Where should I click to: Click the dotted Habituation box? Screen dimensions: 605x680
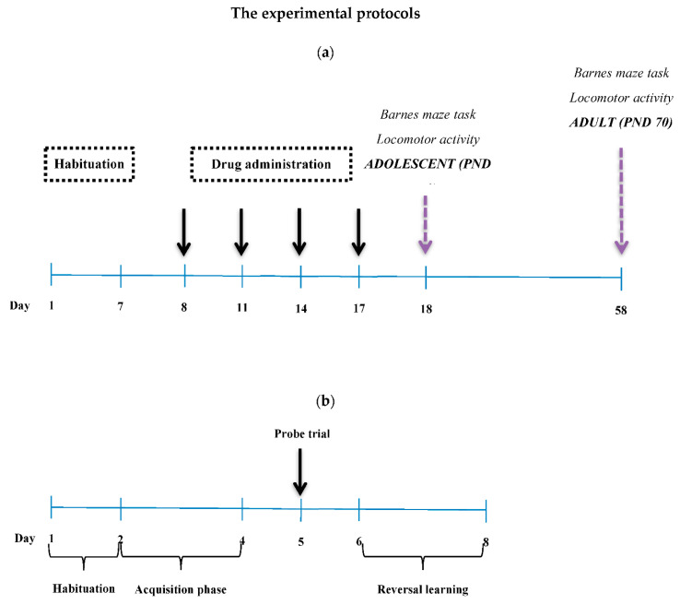(90, 164)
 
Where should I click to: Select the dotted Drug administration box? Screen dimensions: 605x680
(271, 164)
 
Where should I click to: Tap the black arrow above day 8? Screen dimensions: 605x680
(184, 231)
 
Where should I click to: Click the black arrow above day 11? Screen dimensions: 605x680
(241, 231)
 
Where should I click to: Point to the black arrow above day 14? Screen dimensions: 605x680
(299, 231)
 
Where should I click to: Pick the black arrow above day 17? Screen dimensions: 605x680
(358, 231)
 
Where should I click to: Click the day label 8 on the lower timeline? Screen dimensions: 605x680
(486, 540)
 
